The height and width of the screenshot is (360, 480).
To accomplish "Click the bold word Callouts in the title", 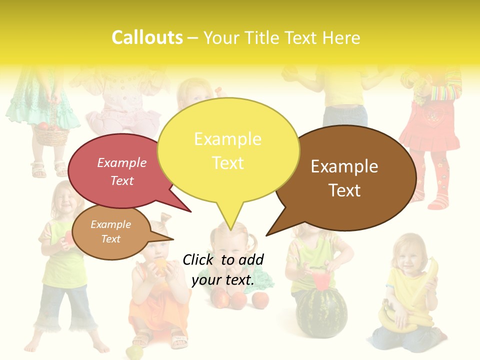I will (147, 37).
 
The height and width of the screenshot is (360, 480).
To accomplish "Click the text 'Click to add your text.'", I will (223, 270).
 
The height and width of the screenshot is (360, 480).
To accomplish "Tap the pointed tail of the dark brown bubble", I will (280, 225).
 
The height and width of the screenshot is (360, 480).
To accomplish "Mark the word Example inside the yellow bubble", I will (227, 139).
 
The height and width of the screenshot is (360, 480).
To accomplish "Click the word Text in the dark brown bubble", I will (344, 190).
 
